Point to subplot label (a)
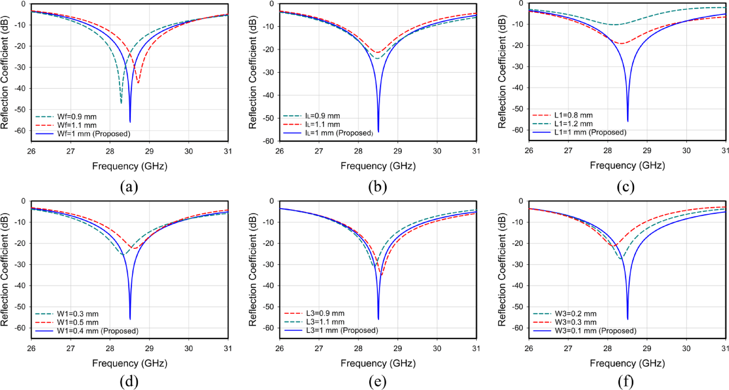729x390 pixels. click(129, 187)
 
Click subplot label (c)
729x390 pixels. click(626, 187)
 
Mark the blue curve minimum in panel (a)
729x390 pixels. click(130, 122)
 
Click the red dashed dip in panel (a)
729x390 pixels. click(138, 83)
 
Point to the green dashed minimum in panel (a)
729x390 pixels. click(121, 103)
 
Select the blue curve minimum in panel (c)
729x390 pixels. click(627, 121)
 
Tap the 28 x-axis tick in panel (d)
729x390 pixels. click(110, 348)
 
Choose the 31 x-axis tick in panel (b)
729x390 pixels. click(476, 151)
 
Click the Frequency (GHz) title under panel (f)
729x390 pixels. click(627, 363)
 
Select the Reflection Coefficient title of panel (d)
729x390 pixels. click(5, 270)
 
